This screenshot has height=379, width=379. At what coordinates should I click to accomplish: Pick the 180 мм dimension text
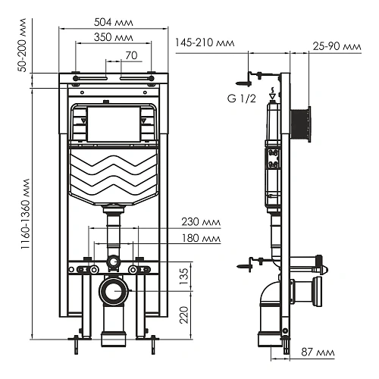tap(197, 240)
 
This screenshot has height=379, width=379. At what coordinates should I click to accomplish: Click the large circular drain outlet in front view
tap(113, 290)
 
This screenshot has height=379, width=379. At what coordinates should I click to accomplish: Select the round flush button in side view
tap(303, 123)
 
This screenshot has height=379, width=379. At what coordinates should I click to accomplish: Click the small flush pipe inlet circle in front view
tap(113, 264)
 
